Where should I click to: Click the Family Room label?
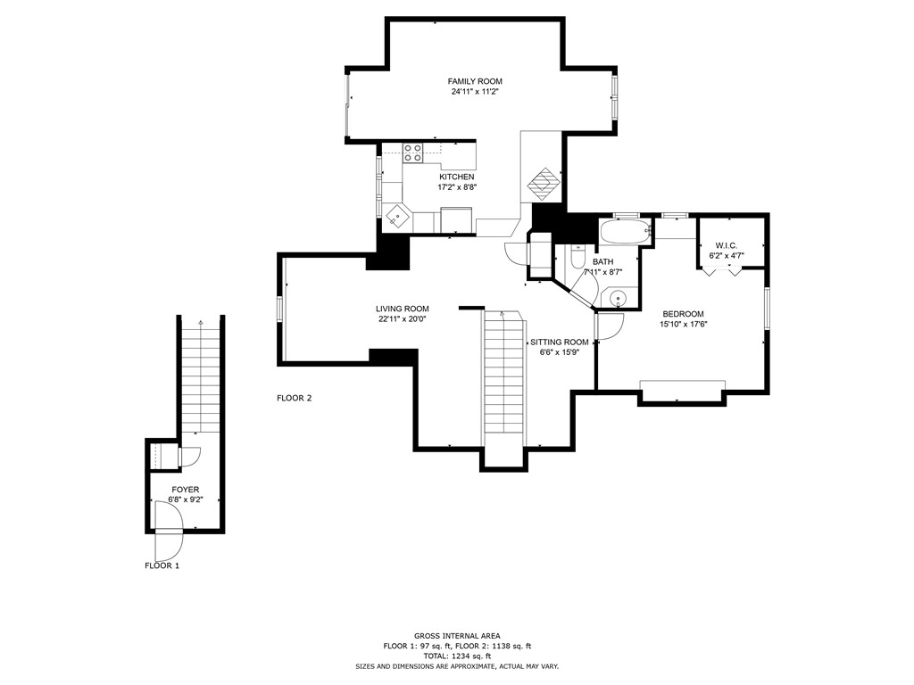(x=475, y=81)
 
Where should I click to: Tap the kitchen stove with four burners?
(x=413, y=153)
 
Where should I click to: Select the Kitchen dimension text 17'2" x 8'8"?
(x=457, y=187)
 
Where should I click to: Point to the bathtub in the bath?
(x=625, y=232)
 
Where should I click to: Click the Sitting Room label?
(x=559, y=342)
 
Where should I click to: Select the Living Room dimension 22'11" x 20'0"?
(x=403, y=319)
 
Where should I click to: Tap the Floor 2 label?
(x=294, y=399)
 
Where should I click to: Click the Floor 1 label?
(x=162, y=565)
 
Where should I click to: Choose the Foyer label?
(x=186, y=490)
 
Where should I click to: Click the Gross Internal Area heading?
(x=457, y=636)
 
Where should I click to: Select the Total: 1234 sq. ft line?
(x=457, y=656)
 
